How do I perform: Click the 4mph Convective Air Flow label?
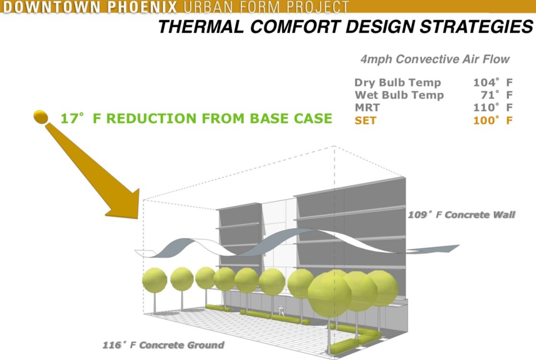pos(435,60)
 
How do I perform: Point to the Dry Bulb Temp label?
pos(397,83)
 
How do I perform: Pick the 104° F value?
pos(493,83)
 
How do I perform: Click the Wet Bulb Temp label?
pos(399,95)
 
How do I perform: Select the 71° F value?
pos(497,95)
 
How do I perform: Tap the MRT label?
pos(367,108)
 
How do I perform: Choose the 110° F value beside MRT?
pos(493,108)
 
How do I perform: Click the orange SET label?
pos(365,120)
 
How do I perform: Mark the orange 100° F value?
pos(493,120)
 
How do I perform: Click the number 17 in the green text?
pos(69,118)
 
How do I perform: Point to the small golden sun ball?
pos(41,116)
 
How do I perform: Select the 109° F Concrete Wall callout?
pos(461,214)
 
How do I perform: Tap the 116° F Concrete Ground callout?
pos(163,345)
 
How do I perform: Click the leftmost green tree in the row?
pos(155,280)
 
